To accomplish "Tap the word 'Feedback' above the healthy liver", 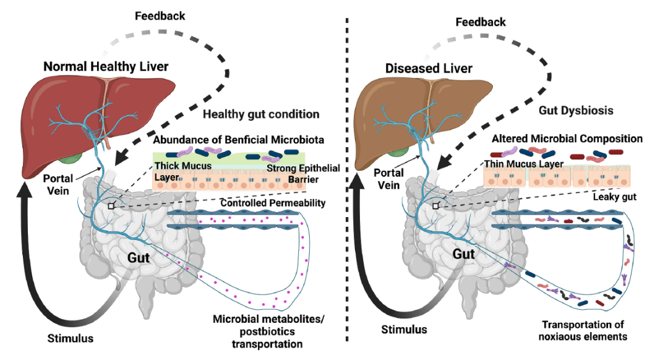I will tap(160, 15).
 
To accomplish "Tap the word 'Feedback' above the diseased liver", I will tap(481, 22).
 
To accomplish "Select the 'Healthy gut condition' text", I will tap(261, 114).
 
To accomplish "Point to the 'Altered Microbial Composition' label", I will tap(566, 139).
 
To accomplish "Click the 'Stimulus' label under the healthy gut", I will tap(71, 338).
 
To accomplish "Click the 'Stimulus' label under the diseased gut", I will tap(404, 330).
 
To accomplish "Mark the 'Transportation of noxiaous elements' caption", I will tap(584, 331).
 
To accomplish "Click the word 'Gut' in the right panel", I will tap(464, 254).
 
